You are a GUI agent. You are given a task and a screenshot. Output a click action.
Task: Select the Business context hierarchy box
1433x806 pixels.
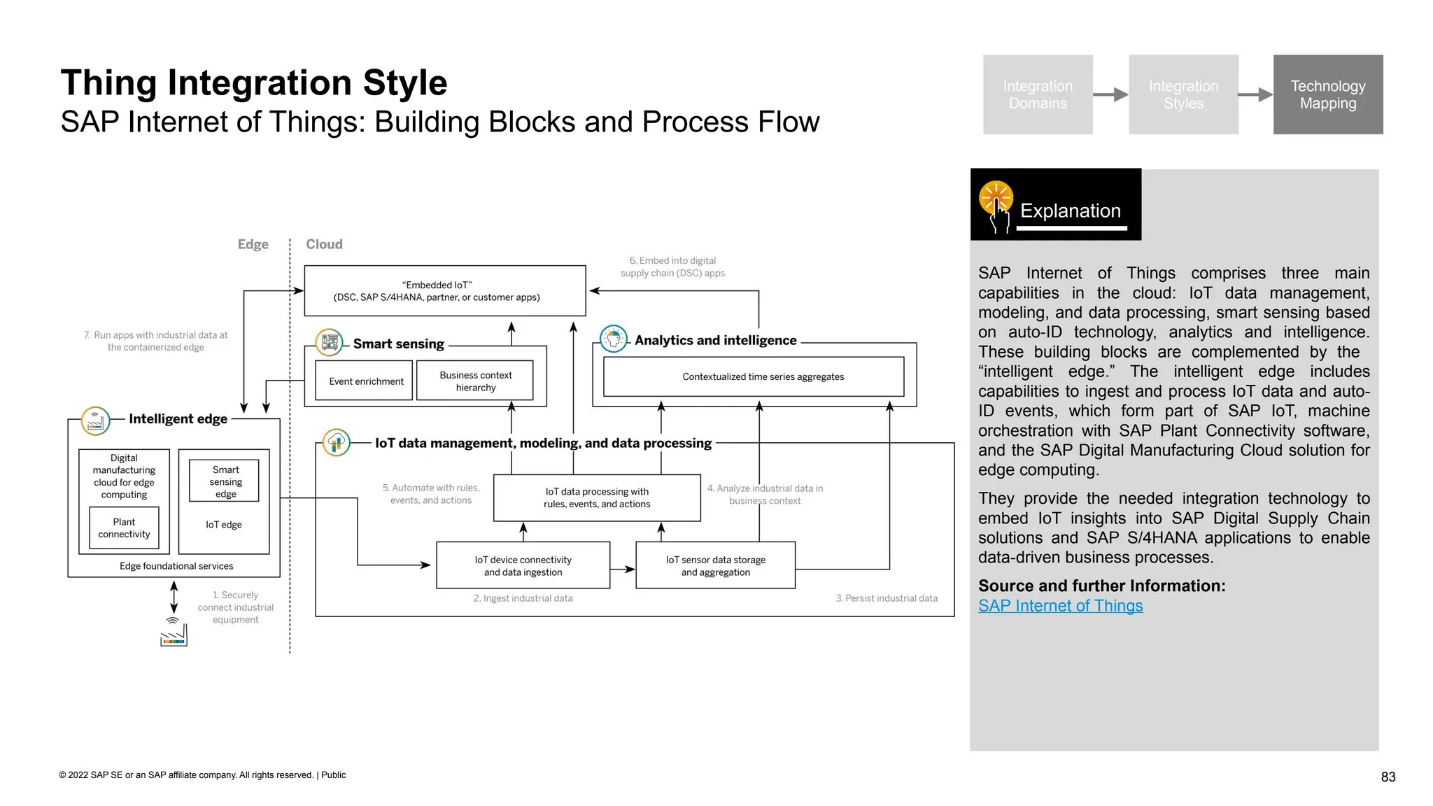pos(475,381)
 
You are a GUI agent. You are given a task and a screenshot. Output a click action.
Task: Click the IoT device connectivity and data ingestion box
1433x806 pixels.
pos(523,565)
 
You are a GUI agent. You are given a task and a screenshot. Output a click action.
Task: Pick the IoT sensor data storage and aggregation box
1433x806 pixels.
pos(715,565)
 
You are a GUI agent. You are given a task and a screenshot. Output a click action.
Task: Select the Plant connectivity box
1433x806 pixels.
pos(124,528)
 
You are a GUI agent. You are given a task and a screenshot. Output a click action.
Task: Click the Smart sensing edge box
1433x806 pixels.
pos(225,481)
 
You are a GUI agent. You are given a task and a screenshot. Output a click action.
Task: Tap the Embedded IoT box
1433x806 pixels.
pos(444,290)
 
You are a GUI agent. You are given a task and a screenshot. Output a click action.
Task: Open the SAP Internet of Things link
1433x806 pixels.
pos(1060,606)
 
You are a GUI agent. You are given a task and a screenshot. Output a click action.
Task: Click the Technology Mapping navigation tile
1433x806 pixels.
pos(1327,94)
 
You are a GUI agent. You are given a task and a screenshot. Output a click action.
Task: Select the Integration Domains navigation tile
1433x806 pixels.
pos(1037,94)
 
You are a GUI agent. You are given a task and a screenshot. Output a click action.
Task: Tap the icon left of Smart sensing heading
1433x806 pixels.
pos(329,343)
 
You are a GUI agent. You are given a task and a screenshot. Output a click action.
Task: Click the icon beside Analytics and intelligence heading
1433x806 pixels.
pos(614,339)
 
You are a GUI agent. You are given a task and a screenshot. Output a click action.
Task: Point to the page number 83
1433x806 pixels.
pos(1388,777)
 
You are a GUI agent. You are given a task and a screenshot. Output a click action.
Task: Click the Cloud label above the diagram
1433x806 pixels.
pos(324,244)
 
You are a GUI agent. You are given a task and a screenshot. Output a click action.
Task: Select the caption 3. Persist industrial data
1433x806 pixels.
pos(886,598)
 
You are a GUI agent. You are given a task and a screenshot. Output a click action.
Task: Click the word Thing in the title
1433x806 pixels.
pos(108,83)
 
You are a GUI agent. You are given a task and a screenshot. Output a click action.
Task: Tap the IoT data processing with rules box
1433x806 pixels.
pos(596,497)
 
